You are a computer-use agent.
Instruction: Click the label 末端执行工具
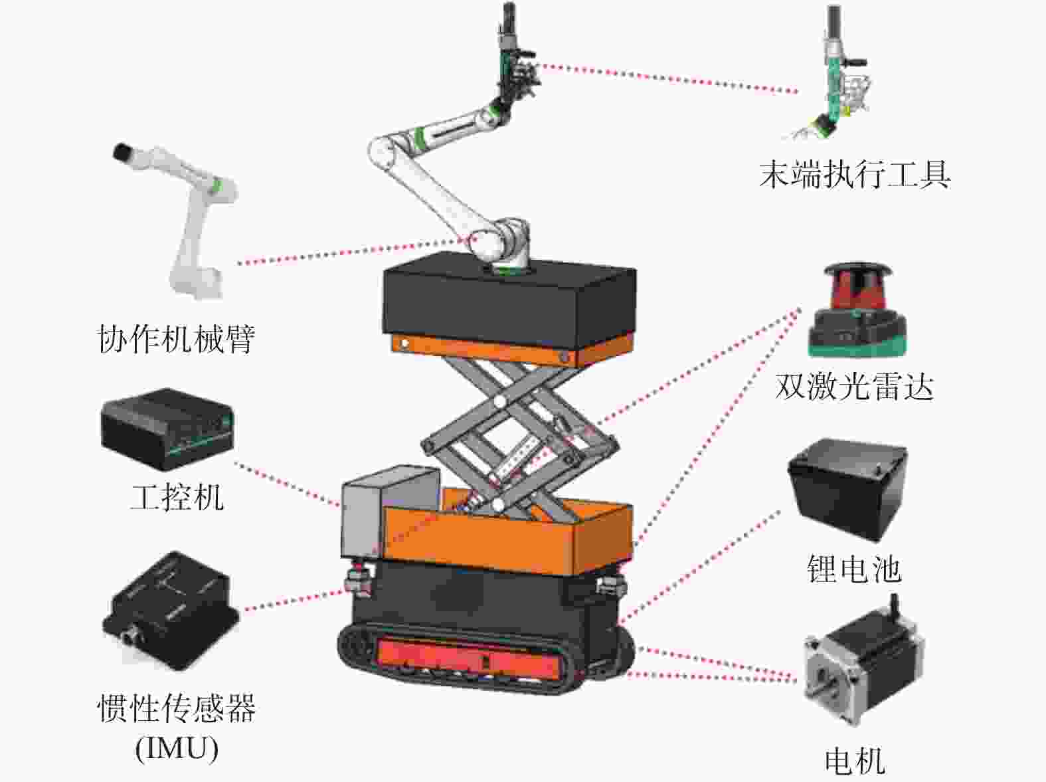point(855,175)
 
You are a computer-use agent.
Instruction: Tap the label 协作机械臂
point(176,338)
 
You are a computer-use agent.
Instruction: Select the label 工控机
point(177,497)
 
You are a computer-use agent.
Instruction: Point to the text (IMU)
point(177,749)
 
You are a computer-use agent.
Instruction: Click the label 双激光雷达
point(854,386)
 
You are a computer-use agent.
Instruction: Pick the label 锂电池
point(854,569)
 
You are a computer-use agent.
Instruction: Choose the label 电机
point(855,760)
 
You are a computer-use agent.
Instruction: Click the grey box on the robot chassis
point(372,512)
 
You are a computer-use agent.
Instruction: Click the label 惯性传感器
point(177,708)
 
